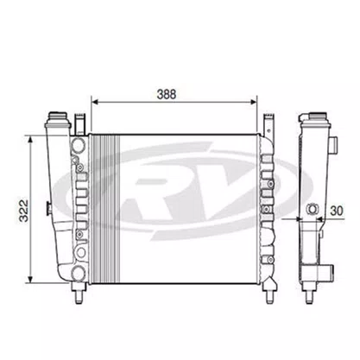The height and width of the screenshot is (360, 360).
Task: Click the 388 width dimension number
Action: pyautogui.click(x=167, y=94)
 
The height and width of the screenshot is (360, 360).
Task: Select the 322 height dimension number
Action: pyautogui.click(x=24, y=211)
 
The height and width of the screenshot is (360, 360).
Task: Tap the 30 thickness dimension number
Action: pyautogui.click(x=337, y=211)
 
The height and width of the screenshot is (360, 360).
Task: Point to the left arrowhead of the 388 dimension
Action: pyautogui.click(x=95, y=102)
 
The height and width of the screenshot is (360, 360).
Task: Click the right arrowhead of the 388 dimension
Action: pyautogui.click(x=253, y=102)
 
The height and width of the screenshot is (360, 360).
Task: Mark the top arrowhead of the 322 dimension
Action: pyautogui.click(x=30, y=141)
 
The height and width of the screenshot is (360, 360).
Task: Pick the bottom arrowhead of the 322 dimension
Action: pyautogui.click(x=30, y=279)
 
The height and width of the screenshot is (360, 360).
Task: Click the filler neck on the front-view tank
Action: pyautogui.click(x=59, y=117)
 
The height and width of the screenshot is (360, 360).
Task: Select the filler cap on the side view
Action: pyautogui.click(x=317, y=117)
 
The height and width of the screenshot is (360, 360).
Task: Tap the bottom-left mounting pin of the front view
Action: pyautogui.click(x=79, y=294)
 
